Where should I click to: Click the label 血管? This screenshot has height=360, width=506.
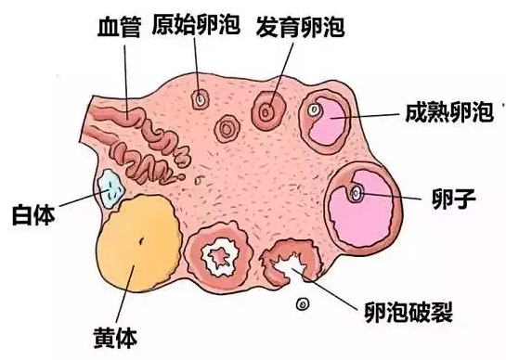pos(118,26)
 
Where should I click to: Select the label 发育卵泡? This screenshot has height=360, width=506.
pos(300,26)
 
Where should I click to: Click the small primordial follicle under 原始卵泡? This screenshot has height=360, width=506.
pos(200,98)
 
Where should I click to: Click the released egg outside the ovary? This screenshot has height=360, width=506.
pos(302,303)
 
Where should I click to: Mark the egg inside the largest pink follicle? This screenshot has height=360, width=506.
pos(357,194)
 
